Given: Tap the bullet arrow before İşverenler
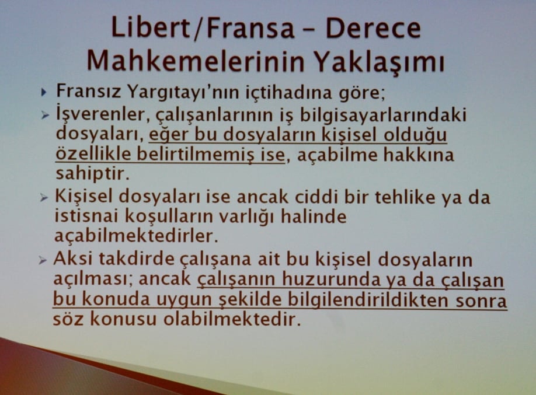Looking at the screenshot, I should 44,115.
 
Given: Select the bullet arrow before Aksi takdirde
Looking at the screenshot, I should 43,260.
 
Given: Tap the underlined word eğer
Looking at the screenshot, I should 166,135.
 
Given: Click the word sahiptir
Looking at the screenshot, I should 92,174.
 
